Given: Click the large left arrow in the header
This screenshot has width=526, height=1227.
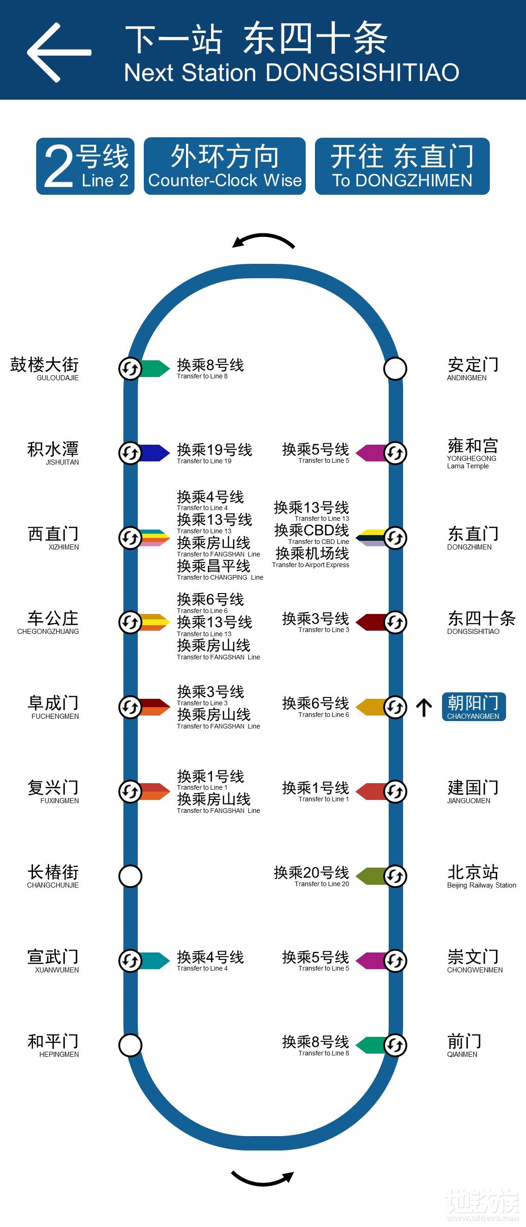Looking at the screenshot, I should tap(58, 52).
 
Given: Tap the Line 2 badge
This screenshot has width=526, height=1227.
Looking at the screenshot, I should tap(85, 166).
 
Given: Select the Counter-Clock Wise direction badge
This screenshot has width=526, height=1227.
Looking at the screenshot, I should tap(225, 166).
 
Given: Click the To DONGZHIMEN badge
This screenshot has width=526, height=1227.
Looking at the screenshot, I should tap(402, 166).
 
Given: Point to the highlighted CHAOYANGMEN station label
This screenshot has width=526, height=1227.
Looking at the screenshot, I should tap(473, 706).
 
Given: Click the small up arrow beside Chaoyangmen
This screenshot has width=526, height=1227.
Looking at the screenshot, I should tap(423, 707).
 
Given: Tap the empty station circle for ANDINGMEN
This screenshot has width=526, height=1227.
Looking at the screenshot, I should tap(395, 369).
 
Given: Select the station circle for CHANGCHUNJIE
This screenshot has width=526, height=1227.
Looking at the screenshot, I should tap(130, 876).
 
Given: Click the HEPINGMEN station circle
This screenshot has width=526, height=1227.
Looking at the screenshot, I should tap(130, 1045).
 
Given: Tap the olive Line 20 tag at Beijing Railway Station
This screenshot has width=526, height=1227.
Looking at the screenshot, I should tap(371, 876).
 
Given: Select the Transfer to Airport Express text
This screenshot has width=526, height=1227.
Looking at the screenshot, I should tap(311, 565).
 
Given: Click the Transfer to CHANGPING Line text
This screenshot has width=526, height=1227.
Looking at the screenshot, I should tap(220, 577).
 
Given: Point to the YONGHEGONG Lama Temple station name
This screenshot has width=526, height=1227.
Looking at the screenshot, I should tap(472, 453).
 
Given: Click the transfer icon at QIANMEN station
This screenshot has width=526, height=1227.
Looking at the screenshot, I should tap(395, 1045).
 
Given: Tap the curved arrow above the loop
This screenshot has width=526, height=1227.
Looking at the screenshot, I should tap(263, 241).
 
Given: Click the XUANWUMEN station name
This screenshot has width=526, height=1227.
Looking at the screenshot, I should tap(53, 960).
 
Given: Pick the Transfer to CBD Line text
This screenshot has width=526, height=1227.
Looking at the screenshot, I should tap(318, 542).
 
